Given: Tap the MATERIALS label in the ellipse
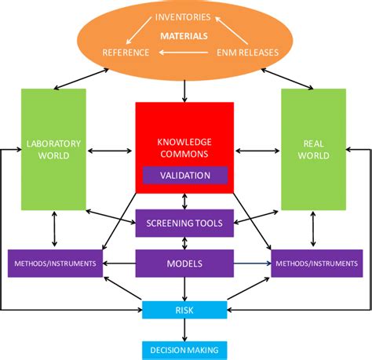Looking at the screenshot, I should (x=184, y=35).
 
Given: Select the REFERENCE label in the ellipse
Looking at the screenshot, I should (x=126, y=53).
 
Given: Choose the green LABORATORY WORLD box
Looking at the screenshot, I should (x=53, y=149).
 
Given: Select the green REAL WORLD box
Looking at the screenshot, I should (x=313, y=149).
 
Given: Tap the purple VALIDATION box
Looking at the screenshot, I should (x=184, y=176).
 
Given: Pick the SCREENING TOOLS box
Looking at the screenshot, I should (x=184, y=224).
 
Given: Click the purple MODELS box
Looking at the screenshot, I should (x=184, y=264).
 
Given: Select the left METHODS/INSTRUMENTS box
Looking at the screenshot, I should (x=56, y=264).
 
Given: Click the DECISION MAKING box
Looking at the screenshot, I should (x=184, y=350).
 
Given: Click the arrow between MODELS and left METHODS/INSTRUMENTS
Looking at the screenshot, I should (x=120, y=264).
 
